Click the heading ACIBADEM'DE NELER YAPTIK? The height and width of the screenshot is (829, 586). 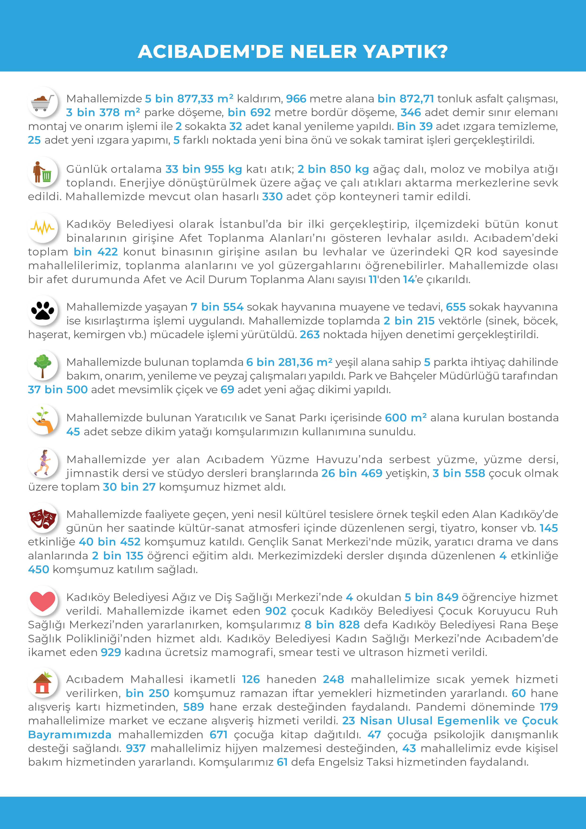293,52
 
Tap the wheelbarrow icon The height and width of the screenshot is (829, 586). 43,102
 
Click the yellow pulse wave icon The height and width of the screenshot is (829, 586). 43,228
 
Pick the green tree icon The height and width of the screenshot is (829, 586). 43,365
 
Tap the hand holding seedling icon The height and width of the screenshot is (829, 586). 43,420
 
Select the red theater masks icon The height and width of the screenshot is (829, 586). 43,518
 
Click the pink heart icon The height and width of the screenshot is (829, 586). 43,601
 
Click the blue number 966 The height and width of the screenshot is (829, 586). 296,99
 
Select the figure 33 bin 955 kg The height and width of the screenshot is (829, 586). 204,169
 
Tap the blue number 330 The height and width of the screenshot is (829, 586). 272,197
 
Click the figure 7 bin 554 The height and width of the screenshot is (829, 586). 217,307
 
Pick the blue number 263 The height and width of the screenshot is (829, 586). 310,335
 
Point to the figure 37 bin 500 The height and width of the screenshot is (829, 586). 58,390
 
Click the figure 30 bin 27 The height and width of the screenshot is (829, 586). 129,487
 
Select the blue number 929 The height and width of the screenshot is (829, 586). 111,652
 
